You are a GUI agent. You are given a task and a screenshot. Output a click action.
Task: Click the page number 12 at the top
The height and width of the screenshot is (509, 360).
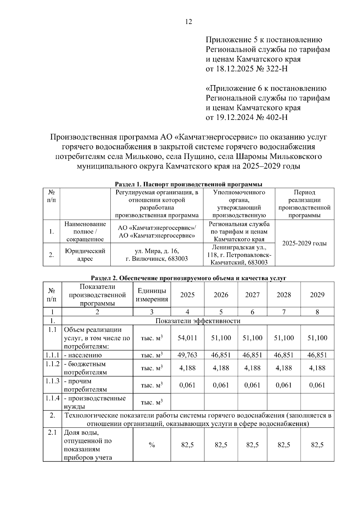(x=189, y=22)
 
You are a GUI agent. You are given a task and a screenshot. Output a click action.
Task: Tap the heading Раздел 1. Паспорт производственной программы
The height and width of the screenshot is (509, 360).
(x=189, y=184)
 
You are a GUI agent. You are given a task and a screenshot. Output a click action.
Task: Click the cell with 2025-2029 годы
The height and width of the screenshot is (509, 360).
(x=304, y=243)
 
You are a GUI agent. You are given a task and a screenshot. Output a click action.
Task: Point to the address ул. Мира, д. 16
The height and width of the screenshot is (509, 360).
(x=157, y=251)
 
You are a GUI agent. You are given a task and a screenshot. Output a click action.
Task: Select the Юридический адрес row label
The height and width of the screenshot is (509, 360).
(x=85, y=255)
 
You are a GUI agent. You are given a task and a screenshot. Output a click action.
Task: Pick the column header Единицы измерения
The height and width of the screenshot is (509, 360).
(x=152, y=295)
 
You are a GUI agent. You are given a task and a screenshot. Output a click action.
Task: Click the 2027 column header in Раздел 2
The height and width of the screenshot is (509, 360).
(x=252, y=295)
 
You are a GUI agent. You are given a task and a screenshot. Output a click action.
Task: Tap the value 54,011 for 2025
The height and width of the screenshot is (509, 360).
(x=187, y=338)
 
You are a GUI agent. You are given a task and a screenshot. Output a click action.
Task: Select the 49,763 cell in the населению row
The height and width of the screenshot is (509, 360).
(x=187, y=355)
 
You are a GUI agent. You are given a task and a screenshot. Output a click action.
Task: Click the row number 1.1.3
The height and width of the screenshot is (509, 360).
(x=52, y=381)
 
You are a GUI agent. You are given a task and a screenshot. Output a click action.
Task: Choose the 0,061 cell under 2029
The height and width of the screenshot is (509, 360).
(x=317, y=385)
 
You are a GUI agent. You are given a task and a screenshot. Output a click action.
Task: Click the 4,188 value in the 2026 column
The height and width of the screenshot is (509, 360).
(x=221, y=368)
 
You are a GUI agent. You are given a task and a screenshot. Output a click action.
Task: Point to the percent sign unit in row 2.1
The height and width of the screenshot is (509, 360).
(x=152, y=445)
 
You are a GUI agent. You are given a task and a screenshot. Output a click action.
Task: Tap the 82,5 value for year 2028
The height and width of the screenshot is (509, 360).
(x=283, y=445)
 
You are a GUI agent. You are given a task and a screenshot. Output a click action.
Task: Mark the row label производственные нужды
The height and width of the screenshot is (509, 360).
(x=94, y=402)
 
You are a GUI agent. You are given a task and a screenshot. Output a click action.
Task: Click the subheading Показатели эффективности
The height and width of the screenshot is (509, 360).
(x=198, y=321)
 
